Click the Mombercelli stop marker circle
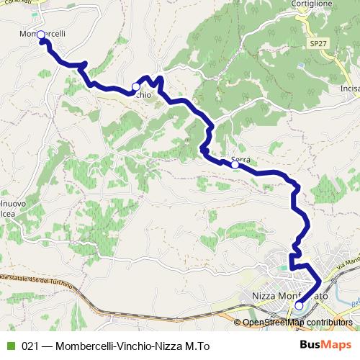40,35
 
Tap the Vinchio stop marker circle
135,86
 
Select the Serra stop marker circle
235,165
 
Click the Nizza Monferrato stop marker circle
299,305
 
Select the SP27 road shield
318,44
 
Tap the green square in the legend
10,345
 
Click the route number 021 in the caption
30,345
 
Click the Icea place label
6,214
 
